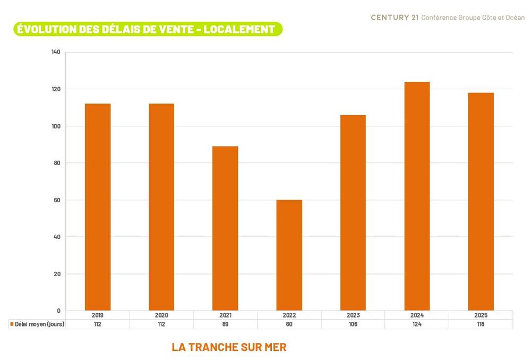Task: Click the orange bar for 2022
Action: pos(289,255)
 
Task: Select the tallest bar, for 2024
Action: pos(417,196)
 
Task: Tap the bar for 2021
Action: pos(225,228)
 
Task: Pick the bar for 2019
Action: pos(98,207)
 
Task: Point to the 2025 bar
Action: pos(481,202)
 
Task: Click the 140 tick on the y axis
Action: pos(56,52)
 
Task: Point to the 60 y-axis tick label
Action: pos(57,200)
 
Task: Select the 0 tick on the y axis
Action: pos(58,311)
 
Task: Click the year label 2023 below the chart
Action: pos(353,315)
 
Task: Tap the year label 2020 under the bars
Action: pos(161,315)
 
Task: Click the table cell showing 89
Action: pos(225,324)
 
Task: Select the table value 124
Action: pos(417,324)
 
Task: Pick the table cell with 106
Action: pos(353,324)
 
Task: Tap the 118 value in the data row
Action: pos(481,324)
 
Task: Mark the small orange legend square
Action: pos(12,324)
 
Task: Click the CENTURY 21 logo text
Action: pos(394,18)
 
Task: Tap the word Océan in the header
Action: pos(515,18)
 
